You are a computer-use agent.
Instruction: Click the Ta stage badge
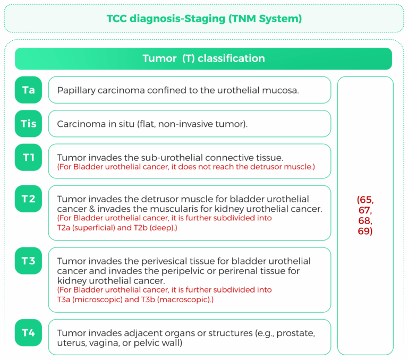click(28, 90)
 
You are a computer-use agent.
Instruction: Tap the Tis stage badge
click(28, 124)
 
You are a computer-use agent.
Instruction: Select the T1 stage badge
click(28, 157)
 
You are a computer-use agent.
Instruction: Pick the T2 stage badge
click(28, 199)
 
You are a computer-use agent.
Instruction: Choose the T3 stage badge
click(28, 261)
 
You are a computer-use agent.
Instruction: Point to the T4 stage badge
click(28, 333)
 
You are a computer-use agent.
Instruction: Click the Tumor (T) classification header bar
click(203, 58)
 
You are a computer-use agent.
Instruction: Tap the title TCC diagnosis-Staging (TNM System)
click(204, 19)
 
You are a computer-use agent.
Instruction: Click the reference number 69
click(364, 231)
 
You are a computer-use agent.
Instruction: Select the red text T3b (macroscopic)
click(177, 299)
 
